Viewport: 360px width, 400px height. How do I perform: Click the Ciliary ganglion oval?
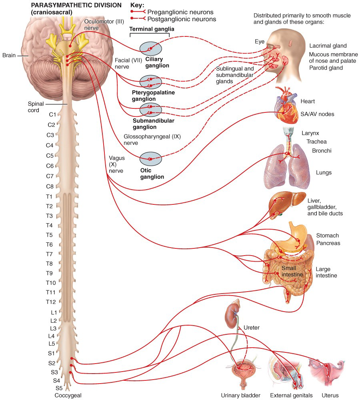(x=150, y=49)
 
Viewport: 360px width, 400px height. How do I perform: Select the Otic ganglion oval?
(x=150, y=159)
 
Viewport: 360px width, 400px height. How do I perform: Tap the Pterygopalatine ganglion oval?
(x=150, y=82)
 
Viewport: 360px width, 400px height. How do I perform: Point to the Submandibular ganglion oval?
(x=150, y=110)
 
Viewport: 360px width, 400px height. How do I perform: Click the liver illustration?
(x=287, y=204)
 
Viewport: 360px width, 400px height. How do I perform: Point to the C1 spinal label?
(x=52, y=114)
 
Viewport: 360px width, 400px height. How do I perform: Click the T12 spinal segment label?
(x=51, y=302)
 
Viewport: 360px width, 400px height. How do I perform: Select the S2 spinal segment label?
(x=52, y=363)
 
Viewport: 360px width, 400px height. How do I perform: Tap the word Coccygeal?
(x=68, y=396)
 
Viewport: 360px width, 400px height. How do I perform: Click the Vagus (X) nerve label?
(x=116, y=164)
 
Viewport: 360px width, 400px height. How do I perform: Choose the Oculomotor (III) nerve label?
(x=104, y=24)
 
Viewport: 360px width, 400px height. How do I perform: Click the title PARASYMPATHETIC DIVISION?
(x=76, y=5)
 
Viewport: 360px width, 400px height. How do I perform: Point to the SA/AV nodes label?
(x=317, y=114)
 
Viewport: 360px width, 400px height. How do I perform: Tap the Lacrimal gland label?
(x=328, y=46)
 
